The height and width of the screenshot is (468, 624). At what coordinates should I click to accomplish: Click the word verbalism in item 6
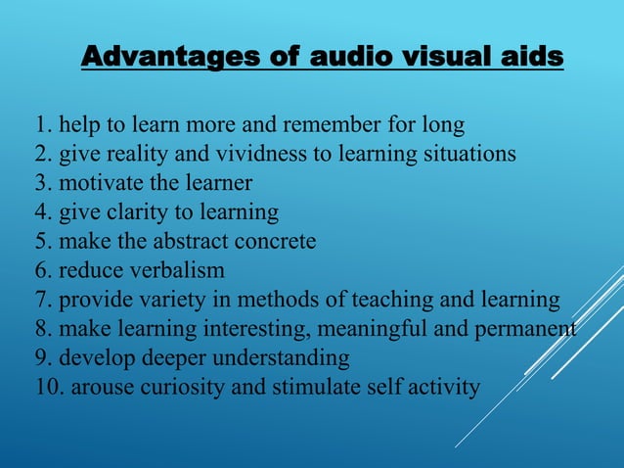click(178, 270)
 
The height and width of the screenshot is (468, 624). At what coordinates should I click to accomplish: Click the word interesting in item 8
click(265, 329)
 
